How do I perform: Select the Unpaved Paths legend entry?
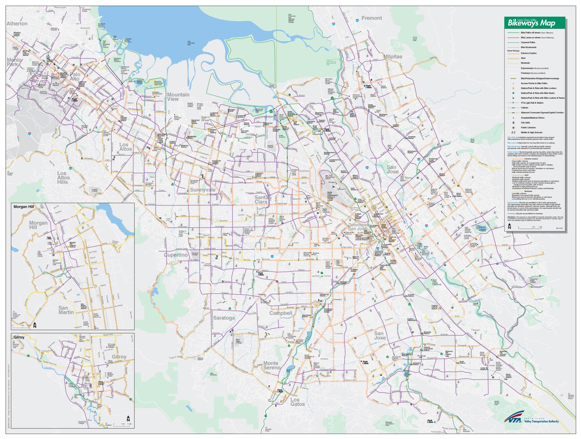click(528, 42)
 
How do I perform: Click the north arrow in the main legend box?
click(509, 226)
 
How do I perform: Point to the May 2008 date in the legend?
click(559, 228)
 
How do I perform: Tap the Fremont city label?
click(372, 18)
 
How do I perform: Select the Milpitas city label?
click(393, 56)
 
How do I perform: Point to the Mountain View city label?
click(178, 97)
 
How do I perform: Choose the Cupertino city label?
click(176, 255)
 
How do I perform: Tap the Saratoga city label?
click(224, 318)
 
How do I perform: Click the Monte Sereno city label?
click(272, 365)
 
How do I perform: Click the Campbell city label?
click(281, 313)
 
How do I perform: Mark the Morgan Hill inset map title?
click(24, 207)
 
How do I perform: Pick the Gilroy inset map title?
click(19, 337)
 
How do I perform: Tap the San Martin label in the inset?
click(66, 310)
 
